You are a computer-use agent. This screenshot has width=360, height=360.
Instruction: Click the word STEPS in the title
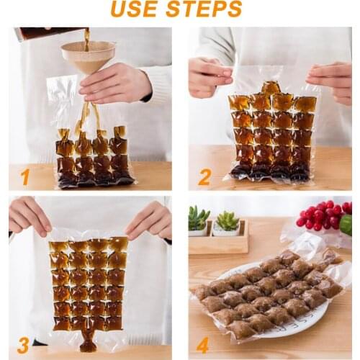pyautogui.click(x=208, y=9)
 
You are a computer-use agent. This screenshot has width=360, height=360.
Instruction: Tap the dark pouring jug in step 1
pyautogui.click(x=43, y=33)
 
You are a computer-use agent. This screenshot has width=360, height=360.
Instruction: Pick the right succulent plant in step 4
pyautogui.click(x=229, y=221)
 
